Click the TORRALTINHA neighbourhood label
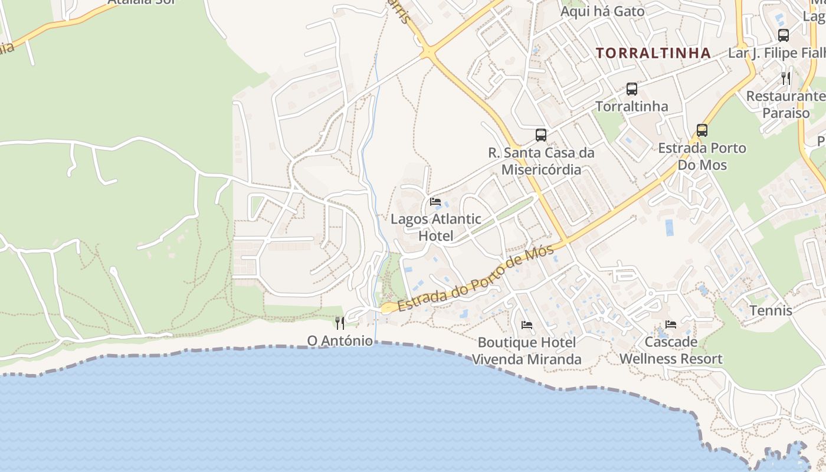[653, 53]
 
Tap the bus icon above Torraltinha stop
[632, 89]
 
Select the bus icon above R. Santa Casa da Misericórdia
[541, 135]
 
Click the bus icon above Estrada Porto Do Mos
[702, 130]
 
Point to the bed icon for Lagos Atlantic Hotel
[435, 202]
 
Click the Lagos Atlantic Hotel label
[436, 228]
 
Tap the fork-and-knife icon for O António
[340, 323]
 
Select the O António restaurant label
[340, 341]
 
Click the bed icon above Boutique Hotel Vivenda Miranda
[527, 325]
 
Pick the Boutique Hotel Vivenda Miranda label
[526, 350]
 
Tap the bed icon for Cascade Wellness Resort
[671, 324]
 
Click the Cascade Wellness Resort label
[671, 350]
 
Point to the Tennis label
[771, 310]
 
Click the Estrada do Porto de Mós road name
[476, 278]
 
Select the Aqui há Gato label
[602, 11]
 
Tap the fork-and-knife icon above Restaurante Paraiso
[786, 78]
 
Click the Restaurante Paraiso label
[786, 104]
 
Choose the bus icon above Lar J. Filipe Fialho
[784, 35]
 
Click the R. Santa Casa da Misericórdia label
[541, 161]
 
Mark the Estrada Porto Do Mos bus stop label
[702, 156]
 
